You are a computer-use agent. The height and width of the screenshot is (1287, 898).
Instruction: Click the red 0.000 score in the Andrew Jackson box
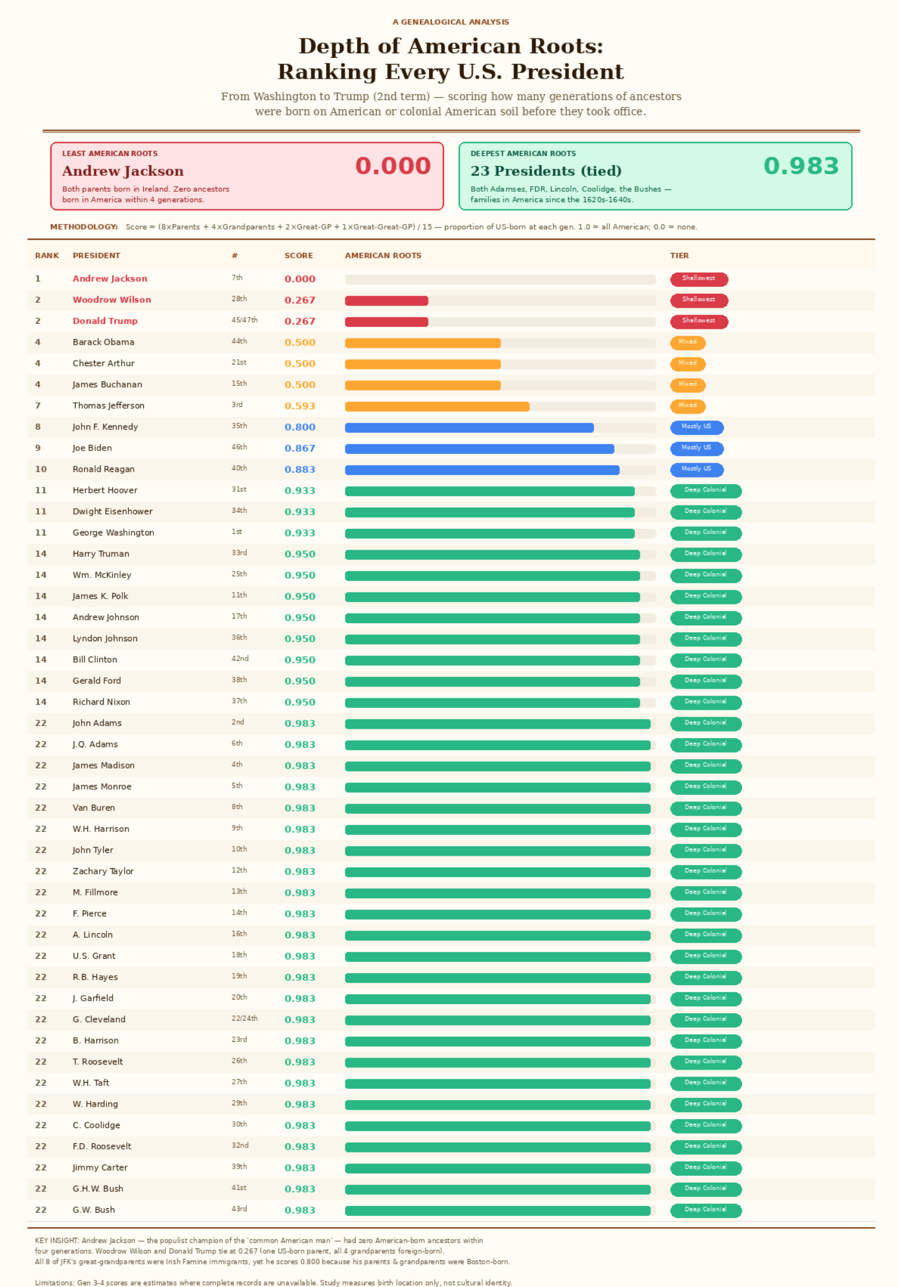(393, 166)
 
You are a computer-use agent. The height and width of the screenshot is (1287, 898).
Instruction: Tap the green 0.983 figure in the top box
(801, 166)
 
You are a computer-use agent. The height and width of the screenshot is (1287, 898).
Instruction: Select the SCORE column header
(298, 256)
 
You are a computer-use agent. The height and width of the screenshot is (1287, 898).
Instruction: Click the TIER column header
(679, 256)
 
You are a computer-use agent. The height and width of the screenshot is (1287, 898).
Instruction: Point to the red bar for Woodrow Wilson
(386, 301)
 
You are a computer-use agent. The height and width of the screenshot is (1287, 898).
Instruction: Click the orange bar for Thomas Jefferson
(437, 406)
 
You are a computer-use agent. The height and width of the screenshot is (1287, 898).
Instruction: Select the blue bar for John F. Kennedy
(469, 428)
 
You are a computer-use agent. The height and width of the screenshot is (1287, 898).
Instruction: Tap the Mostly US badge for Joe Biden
(696, 448)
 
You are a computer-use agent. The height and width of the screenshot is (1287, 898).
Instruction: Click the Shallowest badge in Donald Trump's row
(699, 321)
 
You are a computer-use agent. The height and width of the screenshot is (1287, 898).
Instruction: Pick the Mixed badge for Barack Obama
(687, 342)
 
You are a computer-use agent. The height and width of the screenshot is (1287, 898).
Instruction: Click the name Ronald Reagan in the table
(104, 469)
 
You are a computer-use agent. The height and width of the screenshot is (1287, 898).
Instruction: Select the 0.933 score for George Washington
(300, 533)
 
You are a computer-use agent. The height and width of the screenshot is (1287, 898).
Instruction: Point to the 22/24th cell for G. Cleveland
(244, 1018)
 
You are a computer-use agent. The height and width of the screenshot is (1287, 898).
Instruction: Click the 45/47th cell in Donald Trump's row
(244, 320)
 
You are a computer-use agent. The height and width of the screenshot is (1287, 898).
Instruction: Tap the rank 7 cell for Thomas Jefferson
(38, 406)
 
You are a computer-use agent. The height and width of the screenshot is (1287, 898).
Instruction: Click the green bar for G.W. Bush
(497, 1211)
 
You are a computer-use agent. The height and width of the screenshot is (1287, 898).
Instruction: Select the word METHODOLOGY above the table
(84, 227)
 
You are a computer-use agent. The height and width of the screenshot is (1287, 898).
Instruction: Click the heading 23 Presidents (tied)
(545, 171)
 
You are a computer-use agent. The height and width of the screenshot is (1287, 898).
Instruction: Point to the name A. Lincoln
(92, 934)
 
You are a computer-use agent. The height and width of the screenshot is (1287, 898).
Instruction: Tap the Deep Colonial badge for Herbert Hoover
(705, 491)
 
